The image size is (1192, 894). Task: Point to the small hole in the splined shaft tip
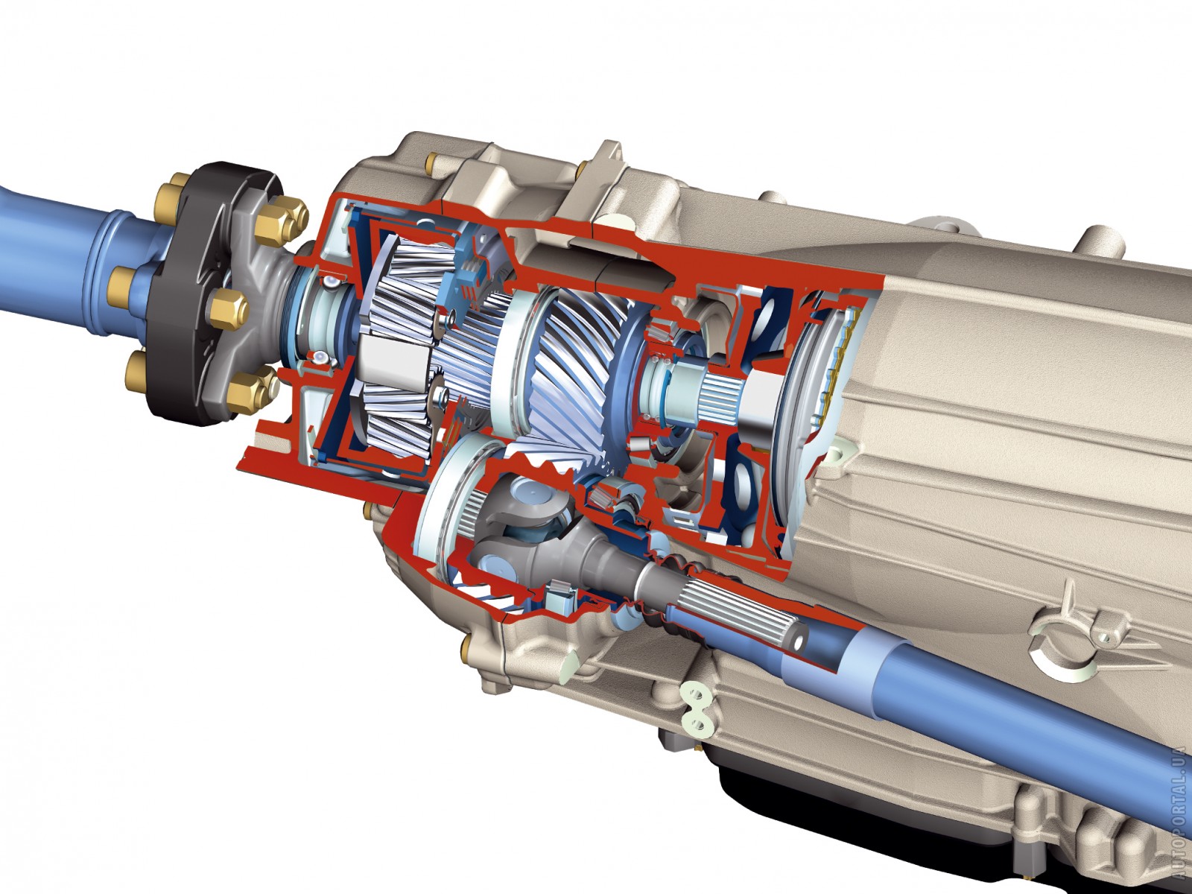(798, 641)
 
